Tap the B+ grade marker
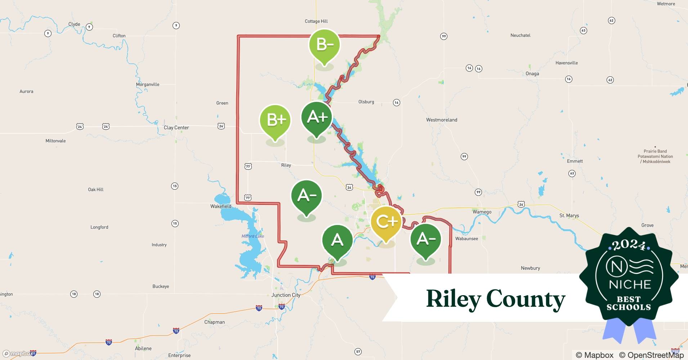pyautogui.click(x=275, y=120)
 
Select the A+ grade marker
pyautogui.click(x=317, y=117)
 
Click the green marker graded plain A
pyautogui.click(x=337, y=240)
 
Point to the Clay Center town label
pyautogui.click(x=176, y=127)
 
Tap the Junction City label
pyautogui.click(x=286, y=295)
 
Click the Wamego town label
pyautogui.click(x=482, y=212)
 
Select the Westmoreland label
pyautogui.click(x=442, y=120)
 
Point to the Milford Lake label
pyautogui.click(x=253, y=236)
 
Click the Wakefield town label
pyautogui.click(x=221, y=206)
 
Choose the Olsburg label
pyautogui.click(x=366, y=102)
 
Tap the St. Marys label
pyautogui.click(x=569, y=216)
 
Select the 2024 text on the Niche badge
pyautogui.click(x=629, y=245)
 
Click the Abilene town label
pyautogui.click(x=143, y=348)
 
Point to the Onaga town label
pyautogui.click(x=532, y=74)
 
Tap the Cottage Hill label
pyautogui.click(x=316, y=21)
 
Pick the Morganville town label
pyautogui.click(x=148, y=85)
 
